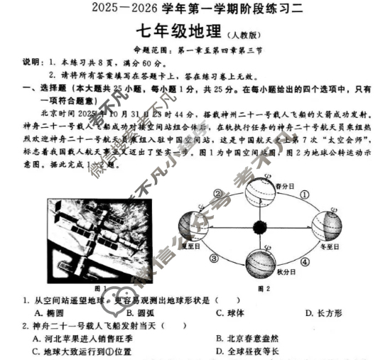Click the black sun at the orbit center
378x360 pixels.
[259, 228]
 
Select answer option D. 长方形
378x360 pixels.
[323, 313]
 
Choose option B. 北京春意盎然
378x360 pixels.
[250, 339]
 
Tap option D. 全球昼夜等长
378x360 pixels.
[250, 351]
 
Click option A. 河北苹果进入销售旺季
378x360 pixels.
[82, 339]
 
